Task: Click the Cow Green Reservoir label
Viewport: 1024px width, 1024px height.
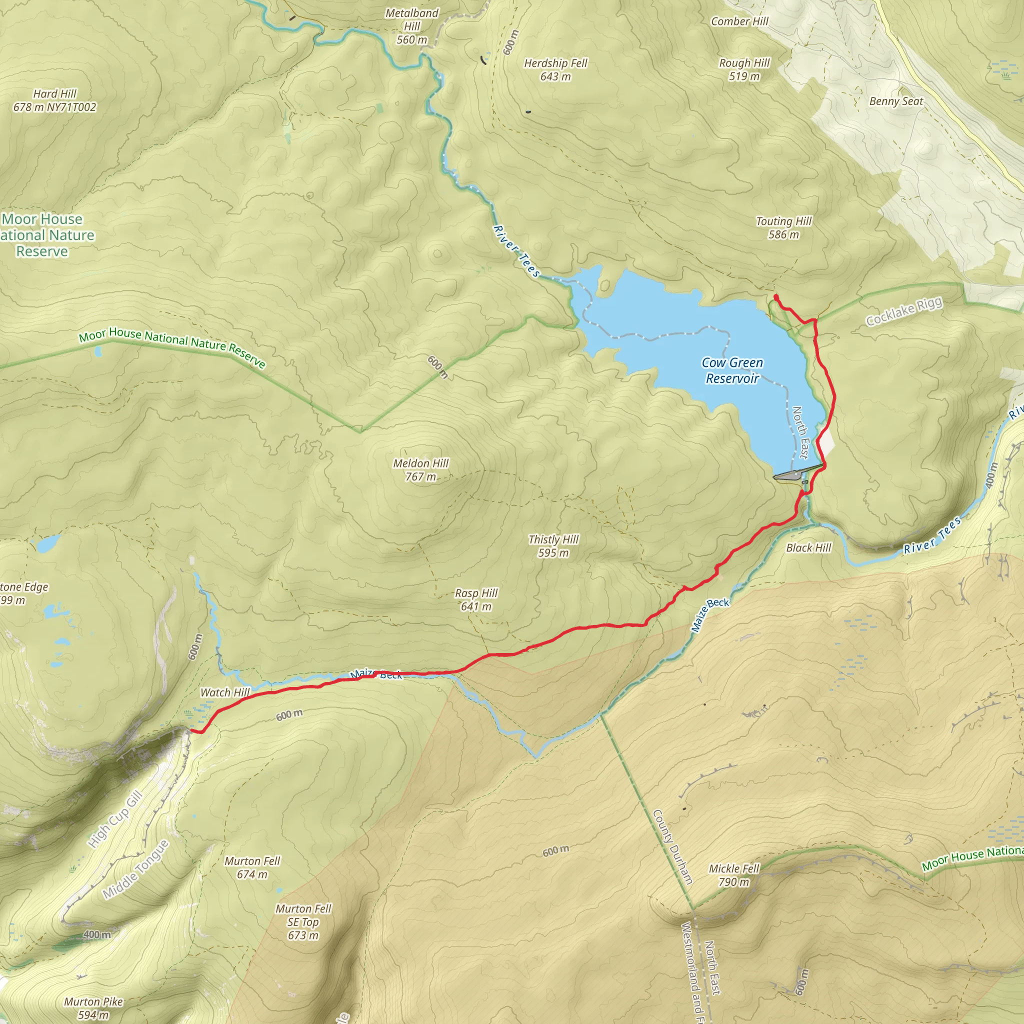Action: [x=732, y=370]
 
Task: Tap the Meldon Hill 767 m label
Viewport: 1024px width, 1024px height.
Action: [x=420, y=469]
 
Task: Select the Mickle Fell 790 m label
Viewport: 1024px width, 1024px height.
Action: [x=733, y=875]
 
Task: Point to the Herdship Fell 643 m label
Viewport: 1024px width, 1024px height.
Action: [x=555, y=69]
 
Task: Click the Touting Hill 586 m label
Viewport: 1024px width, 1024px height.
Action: [x=783, y=227]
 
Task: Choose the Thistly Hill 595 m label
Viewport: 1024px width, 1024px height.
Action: [x=553, y=546]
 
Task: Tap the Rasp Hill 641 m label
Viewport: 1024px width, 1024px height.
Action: [x=476, y=599]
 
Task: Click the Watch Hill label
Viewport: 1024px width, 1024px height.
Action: [x=224, y=692]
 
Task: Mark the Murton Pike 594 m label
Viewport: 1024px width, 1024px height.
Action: [x=93, y=1008]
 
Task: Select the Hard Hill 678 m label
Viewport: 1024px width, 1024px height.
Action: [x=54, y=100]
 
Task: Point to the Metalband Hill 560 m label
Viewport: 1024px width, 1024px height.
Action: [x=412, y=26]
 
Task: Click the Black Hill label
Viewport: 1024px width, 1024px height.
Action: [x=808, y=547]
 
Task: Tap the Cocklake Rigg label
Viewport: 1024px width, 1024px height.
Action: [x=903, y=311]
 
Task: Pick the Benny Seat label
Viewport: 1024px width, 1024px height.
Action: [x=895, y=101]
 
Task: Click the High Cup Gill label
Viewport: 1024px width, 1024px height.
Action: [x=115, y=819]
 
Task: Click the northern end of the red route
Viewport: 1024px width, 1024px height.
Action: [x=776, y=297]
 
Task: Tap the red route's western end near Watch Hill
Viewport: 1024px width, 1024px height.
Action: [x=191, y=731]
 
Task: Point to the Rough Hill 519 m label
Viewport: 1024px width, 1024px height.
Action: [x=744, y=69]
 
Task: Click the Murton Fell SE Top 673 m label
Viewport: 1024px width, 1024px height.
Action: [x=303, y=922]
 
